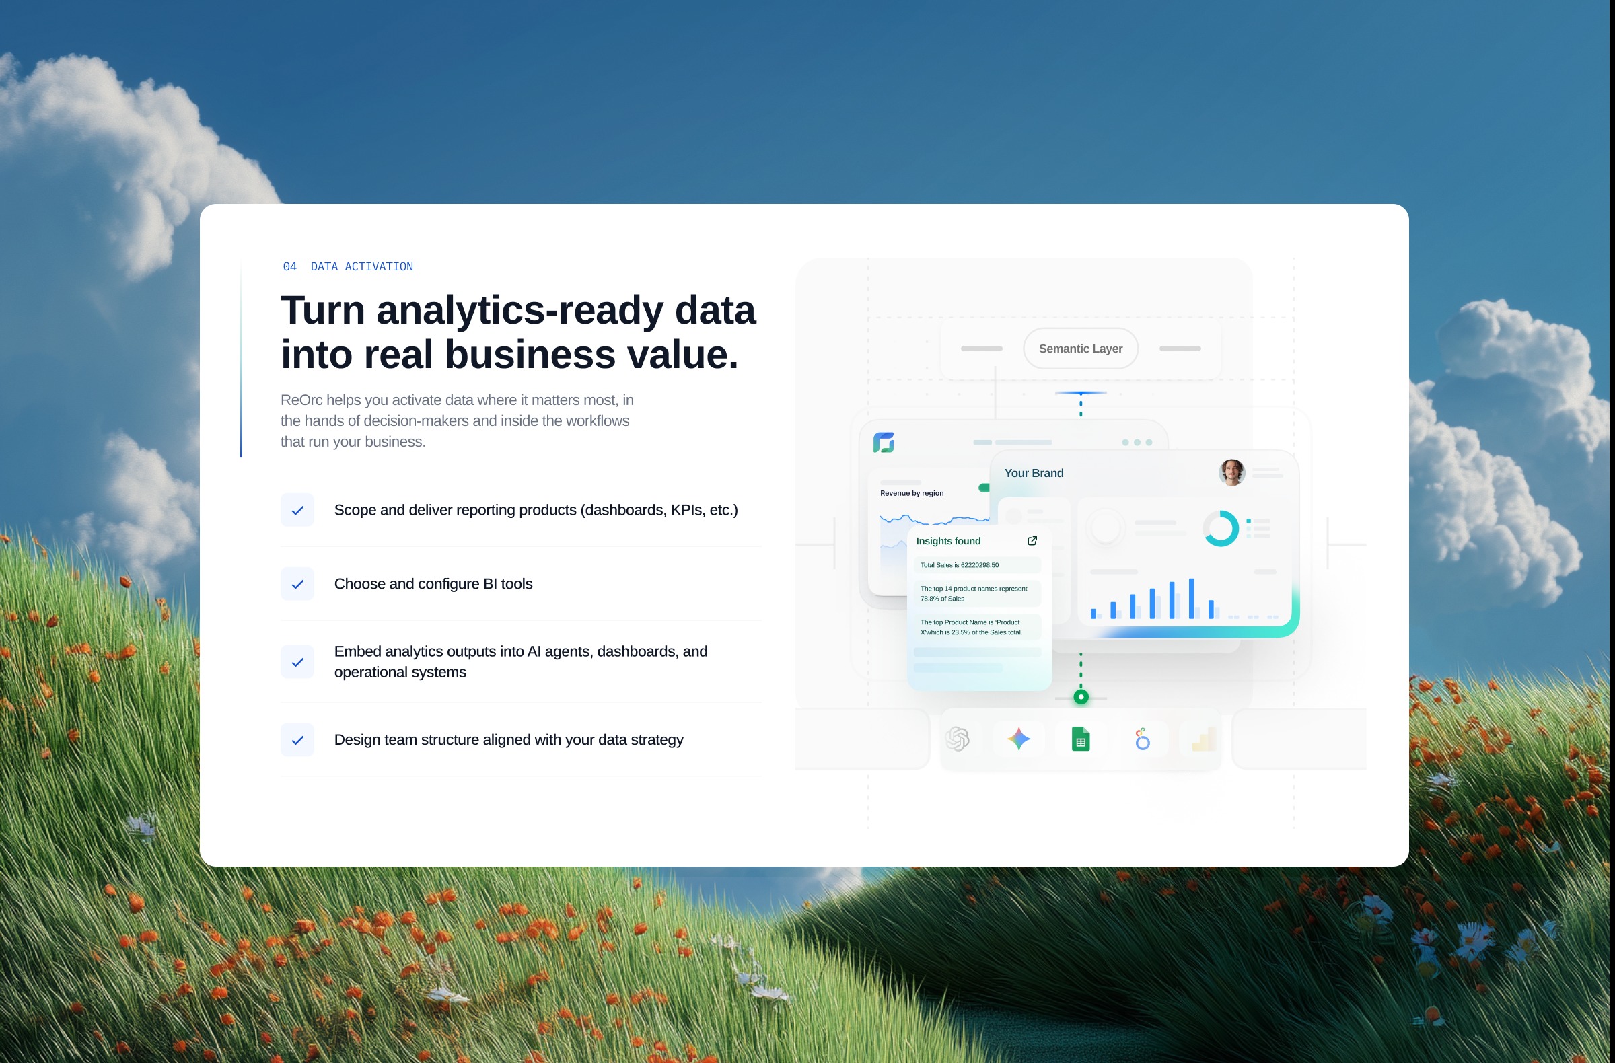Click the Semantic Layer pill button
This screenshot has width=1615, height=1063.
pyautogui.click(x=1080, y=349)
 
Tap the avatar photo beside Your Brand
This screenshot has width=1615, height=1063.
pyautogui.click(x=1231, y=473)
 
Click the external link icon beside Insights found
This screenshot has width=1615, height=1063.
pyautogui.click(x=1032, y=541)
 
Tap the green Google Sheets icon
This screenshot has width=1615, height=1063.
pyautogui.click(x=1081, y=739)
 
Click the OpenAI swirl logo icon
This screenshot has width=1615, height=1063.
pyautogui.click(x=958, y=739)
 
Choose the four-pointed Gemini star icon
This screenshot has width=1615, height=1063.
pyautogui.click(x=1019, y=739)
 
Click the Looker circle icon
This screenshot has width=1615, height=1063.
pyautogui.click(x=1143, y=739)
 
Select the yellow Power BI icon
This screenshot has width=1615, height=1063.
pyautogui.click(x=1204, y=739)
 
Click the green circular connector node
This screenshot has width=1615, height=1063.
pyautogui.click(x=1081, y=697)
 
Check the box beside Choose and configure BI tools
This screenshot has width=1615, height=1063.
pyautogui.click(x=297, y=584)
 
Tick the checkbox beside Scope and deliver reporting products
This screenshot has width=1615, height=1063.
pyautogui.click(x=297, y=510)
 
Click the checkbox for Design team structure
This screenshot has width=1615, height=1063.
pyautogui.click(x=297, y=740)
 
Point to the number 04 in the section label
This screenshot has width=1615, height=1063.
pyautogui.click(x=290, y=266)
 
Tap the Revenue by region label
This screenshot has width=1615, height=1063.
pyautogui.click(x=912, y=493)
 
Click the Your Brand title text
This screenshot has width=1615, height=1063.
pyautogui.click(x=1034, y=473)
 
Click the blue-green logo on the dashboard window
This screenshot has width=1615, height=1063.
pyautogui.click(x=884, y=442)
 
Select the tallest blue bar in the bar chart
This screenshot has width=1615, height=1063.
pyautogui.click(x=1192, y=598)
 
